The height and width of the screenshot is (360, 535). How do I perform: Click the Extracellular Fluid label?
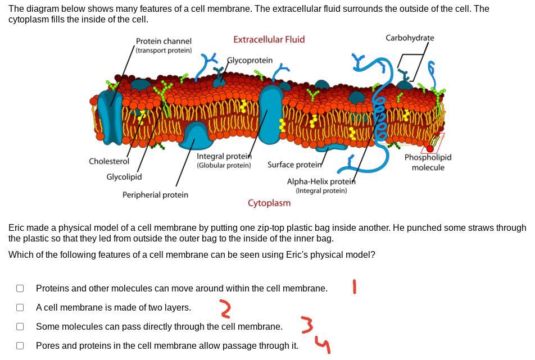[269, 39]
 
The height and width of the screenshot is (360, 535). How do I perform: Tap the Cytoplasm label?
[269, 203]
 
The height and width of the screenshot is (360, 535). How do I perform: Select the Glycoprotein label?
[250, 60]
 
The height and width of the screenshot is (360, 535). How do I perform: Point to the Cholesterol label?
[108, 161]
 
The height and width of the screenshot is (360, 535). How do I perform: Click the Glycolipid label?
[124, 177]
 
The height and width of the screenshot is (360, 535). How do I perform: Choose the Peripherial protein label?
[155, 195]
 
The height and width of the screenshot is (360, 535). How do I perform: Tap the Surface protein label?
[294, 165]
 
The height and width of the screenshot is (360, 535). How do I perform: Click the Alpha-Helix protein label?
[321, 181]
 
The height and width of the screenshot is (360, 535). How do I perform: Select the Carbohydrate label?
[410, 38]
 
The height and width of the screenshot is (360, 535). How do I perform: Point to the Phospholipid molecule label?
[428, 162]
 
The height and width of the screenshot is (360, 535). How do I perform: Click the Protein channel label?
[164, 41]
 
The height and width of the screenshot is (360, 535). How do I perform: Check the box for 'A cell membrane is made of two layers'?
[20, 307]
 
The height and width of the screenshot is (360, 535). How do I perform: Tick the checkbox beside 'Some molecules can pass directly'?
[20, 326]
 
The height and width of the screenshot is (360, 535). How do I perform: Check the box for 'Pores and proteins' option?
[20, 345]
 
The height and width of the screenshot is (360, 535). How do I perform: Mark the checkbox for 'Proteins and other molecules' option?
[20, 288]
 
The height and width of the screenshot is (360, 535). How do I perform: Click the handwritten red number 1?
[354, 287]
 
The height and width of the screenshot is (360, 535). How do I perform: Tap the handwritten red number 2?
[225, 308]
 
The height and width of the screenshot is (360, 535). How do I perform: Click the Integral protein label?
[224, 156]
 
